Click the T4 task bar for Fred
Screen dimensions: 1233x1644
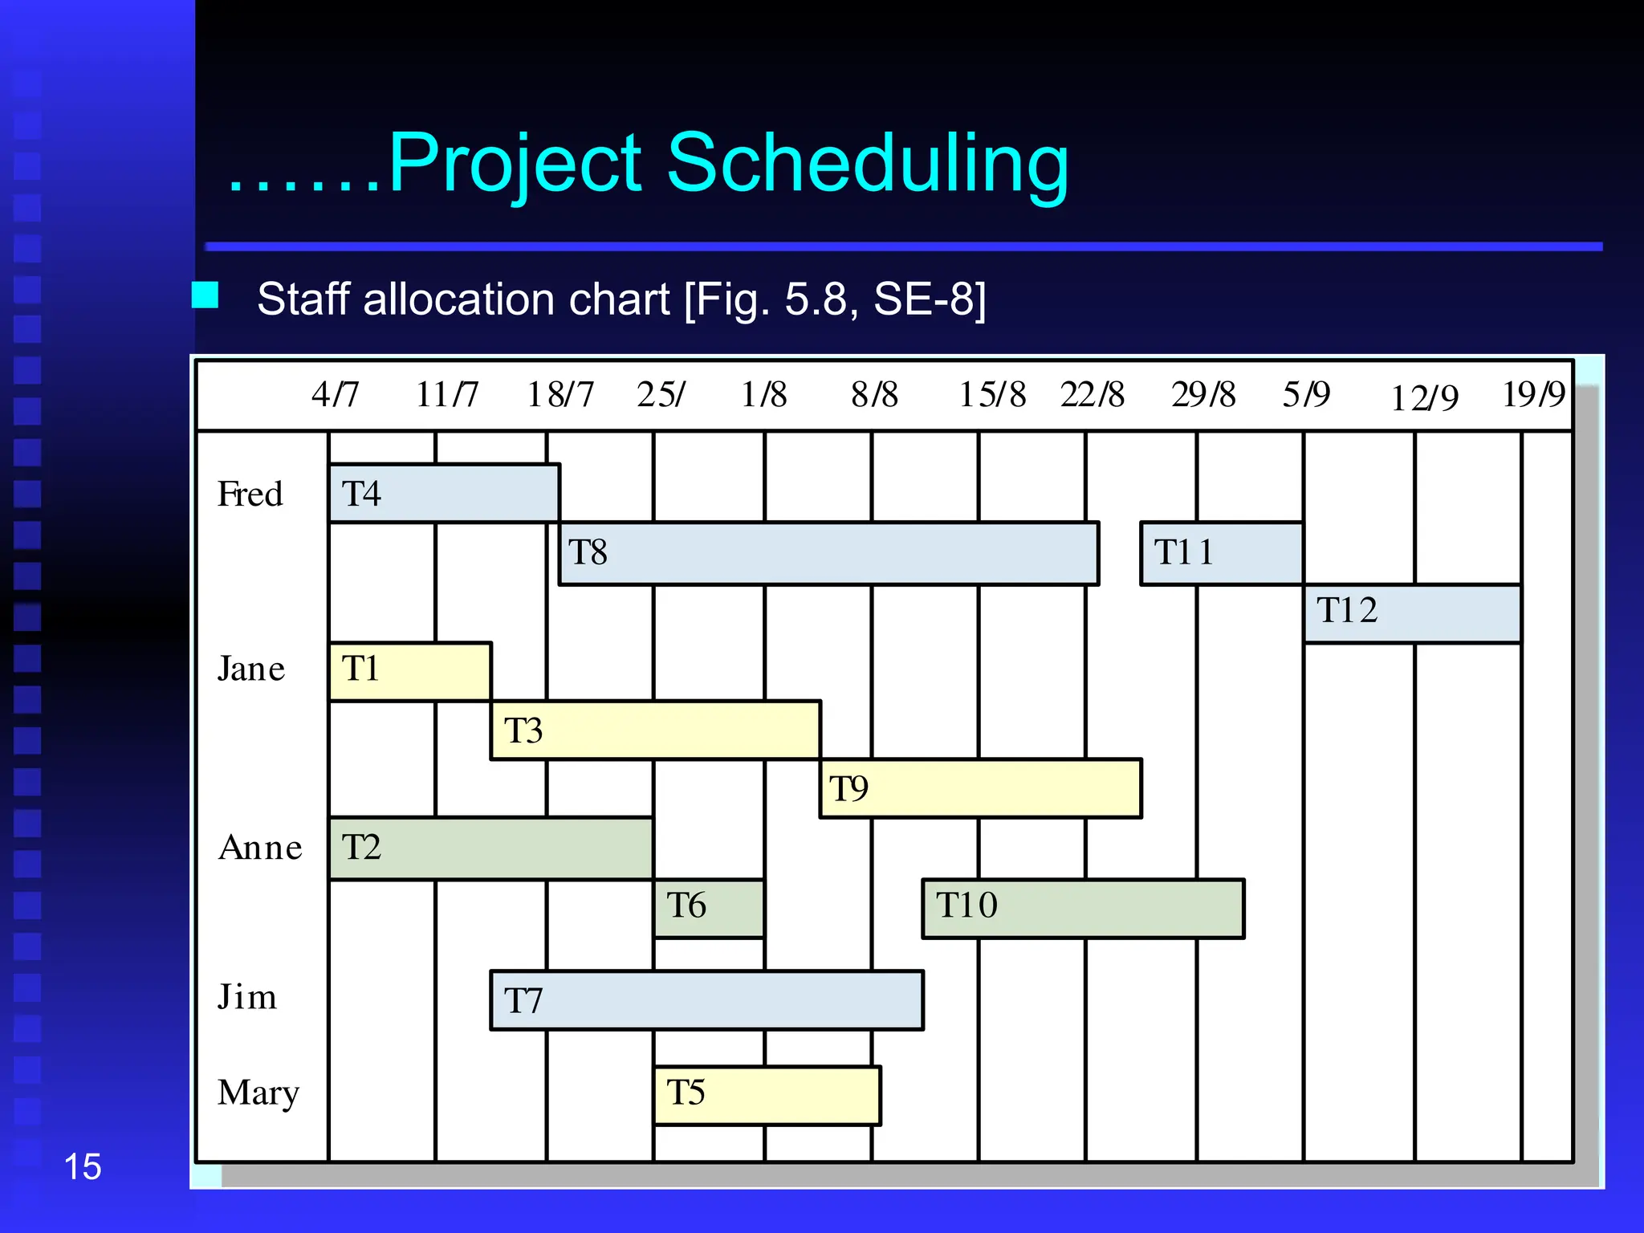[x=444, y=493]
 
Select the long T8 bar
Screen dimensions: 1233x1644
[x=828, y=553]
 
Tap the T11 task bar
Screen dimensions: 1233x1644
[x=1221, y=553]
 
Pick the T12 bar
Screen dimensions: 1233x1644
[x=1412, y=613]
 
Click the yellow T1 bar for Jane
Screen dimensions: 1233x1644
[x=410, y=670]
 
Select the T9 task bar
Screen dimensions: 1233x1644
[x=980, y=788]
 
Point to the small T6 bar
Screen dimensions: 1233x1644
[x=709, y=908]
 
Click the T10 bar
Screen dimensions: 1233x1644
[x=1083, y=908]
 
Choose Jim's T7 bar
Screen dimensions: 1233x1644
[x=706, y=1000]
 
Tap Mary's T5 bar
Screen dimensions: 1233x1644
[x=767, y=1095]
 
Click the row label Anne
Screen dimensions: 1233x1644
[x=260, y=848]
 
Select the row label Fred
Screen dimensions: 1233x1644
[x=250, y=494]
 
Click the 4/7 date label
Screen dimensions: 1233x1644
[x=335, y=394]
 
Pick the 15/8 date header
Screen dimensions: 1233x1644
[x=992, y=394]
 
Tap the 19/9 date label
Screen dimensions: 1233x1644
[x=1533, y=394]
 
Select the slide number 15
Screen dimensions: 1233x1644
[x=82, y=1166]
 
